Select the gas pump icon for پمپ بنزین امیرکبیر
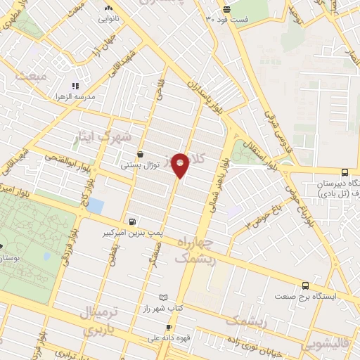pos(134,221)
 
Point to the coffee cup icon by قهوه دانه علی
pos(169,328)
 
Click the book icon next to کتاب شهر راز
pos(165,298)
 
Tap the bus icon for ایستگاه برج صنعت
pos(305,285)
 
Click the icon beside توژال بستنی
pos(141,155)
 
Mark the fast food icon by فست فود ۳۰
pos(226,8)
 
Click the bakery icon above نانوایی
pos(108,8)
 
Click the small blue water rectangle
pos(95,206)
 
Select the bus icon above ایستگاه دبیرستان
pos(345,172)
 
